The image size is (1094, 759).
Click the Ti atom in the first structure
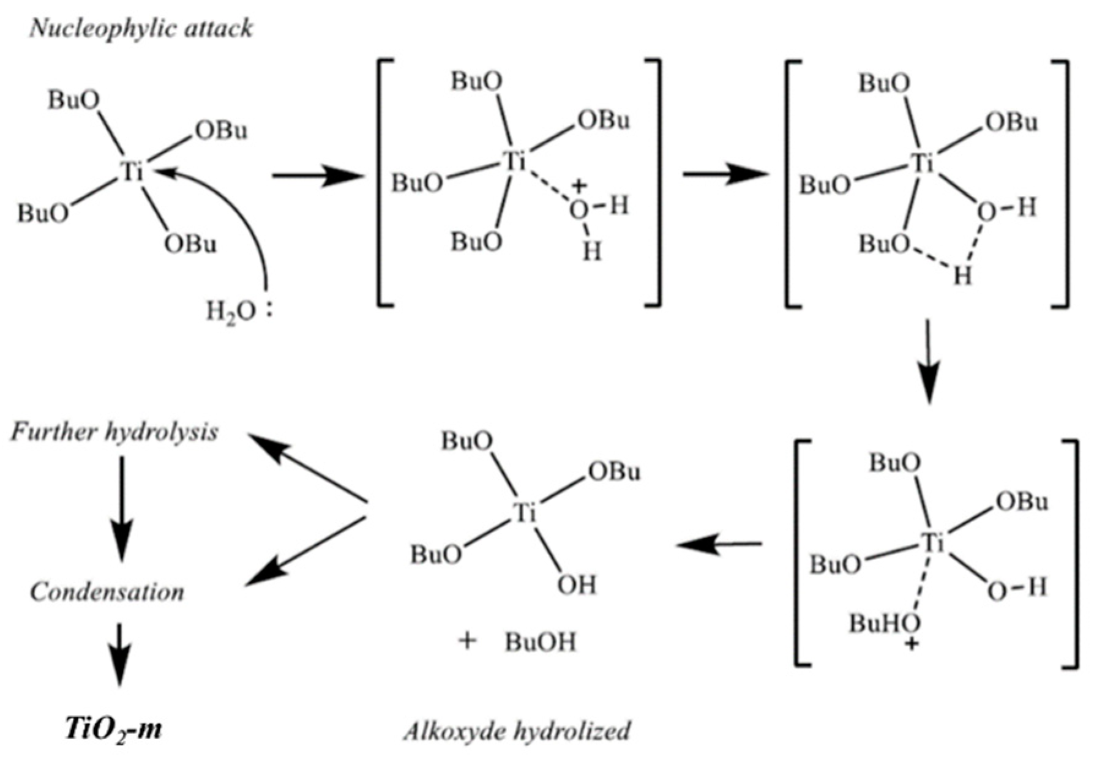coord(131,173)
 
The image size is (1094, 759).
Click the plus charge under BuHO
coord(912,644)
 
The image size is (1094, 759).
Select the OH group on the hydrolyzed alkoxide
coord(576,586)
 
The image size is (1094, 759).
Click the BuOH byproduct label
coord(541,642)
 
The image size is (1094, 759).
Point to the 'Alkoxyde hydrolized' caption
coord(516,731)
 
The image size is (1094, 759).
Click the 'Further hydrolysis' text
coord(114,432)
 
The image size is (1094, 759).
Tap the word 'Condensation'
coord(107,592)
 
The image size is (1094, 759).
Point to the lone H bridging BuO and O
coord(962,277)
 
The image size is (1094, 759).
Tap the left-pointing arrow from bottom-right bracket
coord(719,544)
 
